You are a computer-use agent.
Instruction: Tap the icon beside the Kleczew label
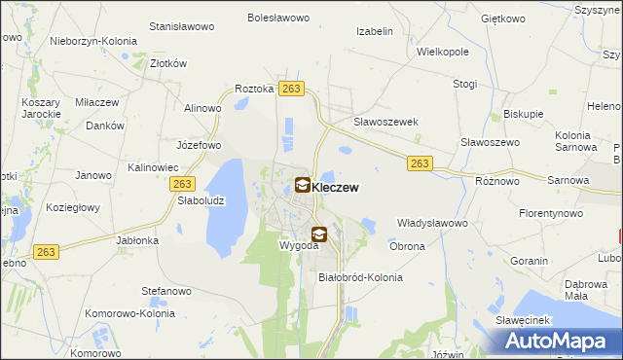click(303, 184)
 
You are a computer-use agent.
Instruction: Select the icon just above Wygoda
click(318, 234)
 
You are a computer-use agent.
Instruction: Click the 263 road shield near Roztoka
click(290, 89)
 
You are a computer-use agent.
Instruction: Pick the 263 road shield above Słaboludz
click(182, 183)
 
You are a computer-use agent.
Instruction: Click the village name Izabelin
click(374, 31)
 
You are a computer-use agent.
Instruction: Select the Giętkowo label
click(502, 18)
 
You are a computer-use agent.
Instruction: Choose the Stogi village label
click(465, 85)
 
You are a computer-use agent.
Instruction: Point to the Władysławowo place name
click(433, 223)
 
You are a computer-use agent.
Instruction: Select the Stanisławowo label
click(182, 27)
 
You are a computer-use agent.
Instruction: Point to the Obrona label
click(407, 246)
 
